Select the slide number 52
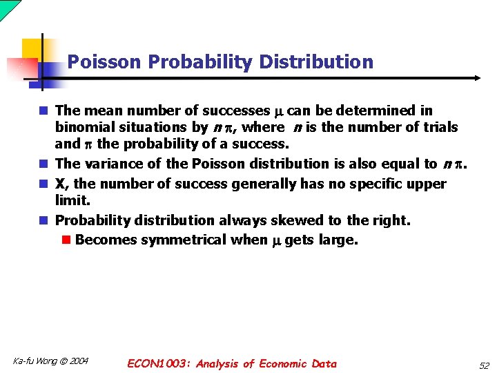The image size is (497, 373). (483, 365)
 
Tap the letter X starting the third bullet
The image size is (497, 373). (60, 184)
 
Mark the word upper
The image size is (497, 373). (428, 184)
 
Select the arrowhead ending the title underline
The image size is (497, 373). (476, 78)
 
